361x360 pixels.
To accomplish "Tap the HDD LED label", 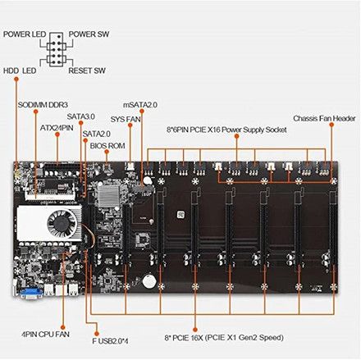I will coord(19,71).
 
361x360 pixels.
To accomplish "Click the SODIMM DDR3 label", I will coord(42,104).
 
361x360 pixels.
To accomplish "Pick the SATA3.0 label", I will coord(81,116).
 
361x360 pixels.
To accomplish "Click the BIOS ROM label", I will coord(107,144).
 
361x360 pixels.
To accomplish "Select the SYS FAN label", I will coord(127,120).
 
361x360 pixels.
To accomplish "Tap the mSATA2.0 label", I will coord(142,105).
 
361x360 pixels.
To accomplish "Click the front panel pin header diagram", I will coord(58,49).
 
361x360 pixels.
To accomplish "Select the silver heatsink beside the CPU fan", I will coord(31,226).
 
